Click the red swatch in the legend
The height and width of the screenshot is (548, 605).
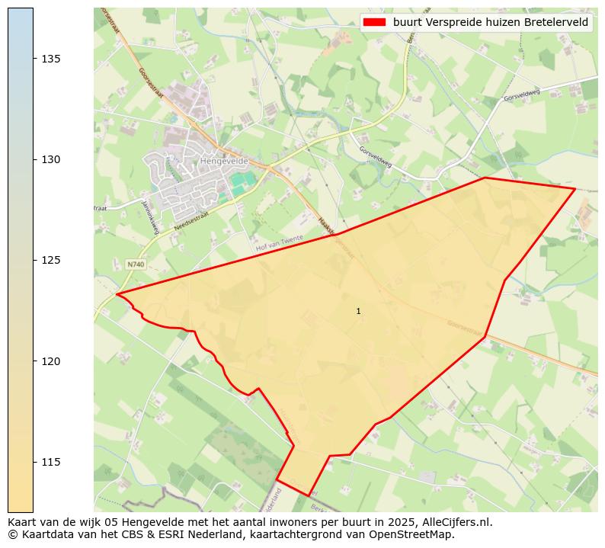(x=375, y=22)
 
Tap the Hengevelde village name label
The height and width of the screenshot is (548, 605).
(x=220, y=162)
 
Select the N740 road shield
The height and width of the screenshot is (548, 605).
(x=135, y=264)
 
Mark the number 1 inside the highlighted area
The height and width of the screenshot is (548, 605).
(x=358, y=311)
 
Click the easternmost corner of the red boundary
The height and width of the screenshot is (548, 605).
(x=575, y=188)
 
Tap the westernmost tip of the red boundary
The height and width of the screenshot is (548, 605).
(x=117, y=294)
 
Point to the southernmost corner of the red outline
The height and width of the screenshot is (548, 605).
(x=309, y=495)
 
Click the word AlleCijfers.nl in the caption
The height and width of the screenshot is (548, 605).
(x=454, y=523)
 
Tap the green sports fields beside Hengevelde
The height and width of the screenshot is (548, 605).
(x=242, y=183)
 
